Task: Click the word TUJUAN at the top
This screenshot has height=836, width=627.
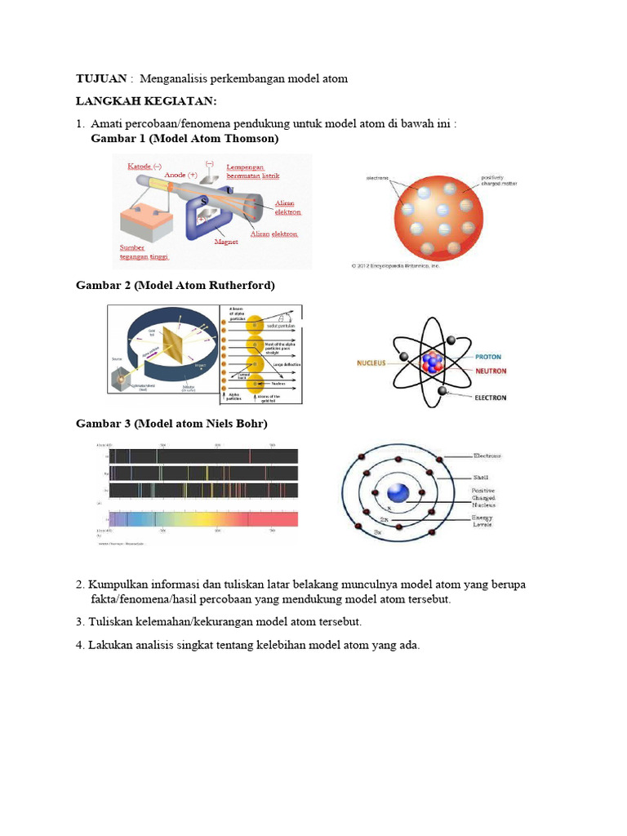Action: click(x=101, y=79)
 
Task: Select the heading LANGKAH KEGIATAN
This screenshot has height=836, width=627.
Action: click(x=143, y=101)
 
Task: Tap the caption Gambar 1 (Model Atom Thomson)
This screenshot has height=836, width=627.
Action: click(x=185, y=139)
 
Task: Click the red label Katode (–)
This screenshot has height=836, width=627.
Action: click(x=145, y=167)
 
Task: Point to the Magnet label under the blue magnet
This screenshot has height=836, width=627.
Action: click(x=226, y=242)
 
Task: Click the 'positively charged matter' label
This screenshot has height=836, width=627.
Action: click(x=499, y=180)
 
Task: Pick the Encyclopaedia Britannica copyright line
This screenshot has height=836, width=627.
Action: click(x=394, y=265)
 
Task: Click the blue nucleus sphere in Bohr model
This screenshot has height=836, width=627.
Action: click(x=398, y=493)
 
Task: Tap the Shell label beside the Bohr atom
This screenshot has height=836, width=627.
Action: click(x=482, y=478)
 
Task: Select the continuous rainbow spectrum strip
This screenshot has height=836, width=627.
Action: click(x=203, y=518)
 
